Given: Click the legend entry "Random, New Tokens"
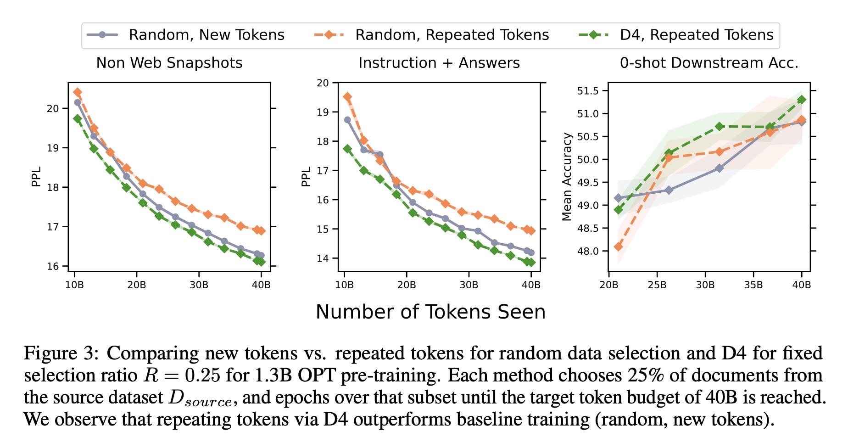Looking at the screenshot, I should [x=206, y=35].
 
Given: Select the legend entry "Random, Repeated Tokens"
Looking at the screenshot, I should [x=452, y=35].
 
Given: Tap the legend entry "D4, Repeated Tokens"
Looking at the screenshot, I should [x=696, y=35].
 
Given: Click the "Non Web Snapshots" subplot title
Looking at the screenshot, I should [x=169, y=63].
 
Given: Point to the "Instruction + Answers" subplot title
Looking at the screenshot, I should [x=439, y=63].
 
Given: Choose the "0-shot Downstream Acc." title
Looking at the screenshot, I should [x=709, y=63].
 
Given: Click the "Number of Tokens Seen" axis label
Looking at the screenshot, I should [x=430, y=312].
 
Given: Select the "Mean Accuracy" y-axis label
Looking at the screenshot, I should [x=567, y=177].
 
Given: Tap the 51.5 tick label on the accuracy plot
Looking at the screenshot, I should [x=588, y=91].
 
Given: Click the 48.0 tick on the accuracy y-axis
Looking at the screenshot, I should [x=588, y=251].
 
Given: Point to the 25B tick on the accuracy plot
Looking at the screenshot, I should [x=657, y=285].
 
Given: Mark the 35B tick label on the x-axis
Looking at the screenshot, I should [x=753, y=285].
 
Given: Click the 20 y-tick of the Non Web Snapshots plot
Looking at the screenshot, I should [x=53, y=108].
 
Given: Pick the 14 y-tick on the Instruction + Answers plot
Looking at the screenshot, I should [x=323, y=258].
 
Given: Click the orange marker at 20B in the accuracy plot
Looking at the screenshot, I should [x=618, y=247].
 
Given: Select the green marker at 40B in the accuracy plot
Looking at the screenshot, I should [x=802, y=100].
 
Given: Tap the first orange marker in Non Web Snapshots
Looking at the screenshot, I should [x=78, y=92].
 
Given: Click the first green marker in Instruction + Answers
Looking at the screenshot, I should [x=347, y=149].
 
